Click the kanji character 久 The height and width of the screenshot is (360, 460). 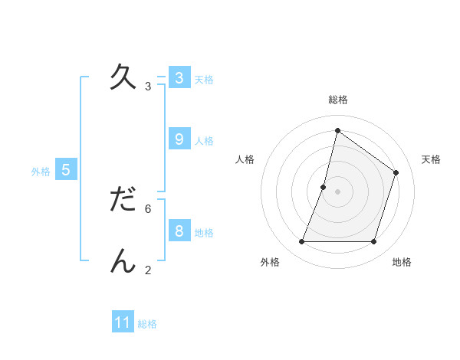pyautogui.click(x=123, y=77)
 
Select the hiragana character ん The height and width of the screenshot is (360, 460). pyautogui.click(x=123, y=260)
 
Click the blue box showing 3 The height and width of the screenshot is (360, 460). pyautogui.click(x=179, y=77)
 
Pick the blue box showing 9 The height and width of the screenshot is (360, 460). pyautogui.click(x=179, y=139)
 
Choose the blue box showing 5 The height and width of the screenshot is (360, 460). pyautogui.click(x=66, y=170)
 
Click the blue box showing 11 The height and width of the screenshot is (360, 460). pyautogui.click(x=123, y=322)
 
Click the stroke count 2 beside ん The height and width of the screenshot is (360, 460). pyautogui.click(x=148, y=270)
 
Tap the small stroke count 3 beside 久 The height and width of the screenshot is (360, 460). pyautogui.click(x=148, y=87)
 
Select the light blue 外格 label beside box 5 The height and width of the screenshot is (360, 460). pyautogui.click(x=41, y=172)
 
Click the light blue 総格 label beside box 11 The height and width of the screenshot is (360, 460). pyautogui.click(x=147, y=324)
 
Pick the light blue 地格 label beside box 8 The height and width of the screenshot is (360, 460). pyautogui.click(x=204, y=232)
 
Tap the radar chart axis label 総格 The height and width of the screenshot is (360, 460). pyautogui.click(x=337, y=100)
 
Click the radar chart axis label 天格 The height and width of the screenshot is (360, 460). pyautogui.click(x=431, y=159)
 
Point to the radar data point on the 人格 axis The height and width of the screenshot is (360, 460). pyautogui.click(x=324, y=187)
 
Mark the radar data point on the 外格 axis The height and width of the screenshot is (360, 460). pyautogui.click(x=301, y=242)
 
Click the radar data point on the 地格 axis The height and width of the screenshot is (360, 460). pyautogui.click(x=373, y=242)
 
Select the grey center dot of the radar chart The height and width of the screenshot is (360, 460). pyautogui.click(x=337, y=191)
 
